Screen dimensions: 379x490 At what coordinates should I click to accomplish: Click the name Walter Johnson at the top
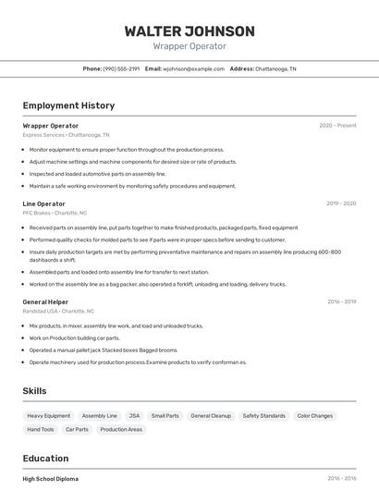(x=189, y=31)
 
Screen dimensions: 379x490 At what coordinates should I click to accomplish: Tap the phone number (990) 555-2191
(x=121, y=68)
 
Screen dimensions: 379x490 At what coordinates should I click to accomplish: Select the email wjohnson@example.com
(x=194, y=68)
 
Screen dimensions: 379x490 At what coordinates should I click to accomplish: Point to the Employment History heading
(x=68, y=106)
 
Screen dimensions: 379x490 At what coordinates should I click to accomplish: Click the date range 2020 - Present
(x=337, y=126)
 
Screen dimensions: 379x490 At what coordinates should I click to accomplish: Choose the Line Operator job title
(x=43, y=203)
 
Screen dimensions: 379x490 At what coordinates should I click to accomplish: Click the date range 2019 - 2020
(x=341, y=203)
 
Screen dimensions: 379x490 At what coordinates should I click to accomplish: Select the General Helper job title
(x=45, y=301)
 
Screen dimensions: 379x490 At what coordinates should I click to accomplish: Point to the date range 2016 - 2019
(x=341, y=301)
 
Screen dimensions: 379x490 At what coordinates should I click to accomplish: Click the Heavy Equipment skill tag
(x=48, y=416)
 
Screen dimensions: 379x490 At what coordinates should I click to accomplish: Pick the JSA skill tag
(x=134, y=416)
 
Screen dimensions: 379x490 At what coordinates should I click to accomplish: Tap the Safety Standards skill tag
(x=263, y=416)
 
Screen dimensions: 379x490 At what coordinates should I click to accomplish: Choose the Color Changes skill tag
(x=315, y=416)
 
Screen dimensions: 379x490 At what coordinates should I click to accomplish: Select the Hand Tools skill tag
(x=41, y=429)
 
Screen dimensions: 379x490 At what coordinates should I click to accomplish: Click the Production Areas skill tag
(x=121, y=429)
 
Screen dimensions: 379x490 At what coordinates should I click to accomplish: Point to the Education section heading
(x=45, y=458)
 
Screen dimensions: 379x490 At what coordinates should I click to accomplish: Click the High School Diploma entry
(x=51, y=479)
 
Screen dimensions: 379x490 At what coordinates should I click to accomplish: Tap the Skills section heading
(x=34, y=391)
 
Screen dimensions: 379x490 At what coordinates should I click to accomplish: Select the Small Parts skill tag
(x=165, y=416)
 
